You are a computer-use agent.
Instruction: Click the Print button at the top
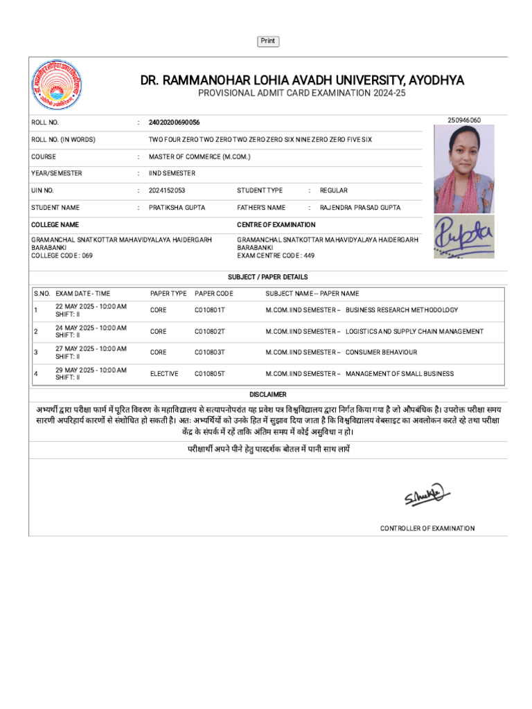coord(268,42)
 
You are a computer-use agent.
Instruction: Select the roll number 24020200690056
coord(174,123)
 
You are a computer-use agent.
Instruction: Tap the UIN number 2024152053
coord(167,190)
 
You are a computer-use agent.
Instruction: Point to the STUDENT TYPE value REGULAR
coord(333,190)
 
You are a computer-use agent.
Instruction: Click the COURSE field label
coord(44,157)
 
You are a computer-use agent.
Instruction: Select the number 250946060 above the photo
coord(464,120)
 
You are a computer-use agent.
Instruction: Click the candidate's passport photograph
coord(463,169)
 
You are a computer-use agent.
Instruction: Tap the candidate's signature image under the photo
coord(463,237)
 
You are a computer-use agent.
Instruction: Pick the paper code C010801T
coord(210,310)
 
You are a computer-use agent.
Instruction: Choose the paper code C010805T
coord(210,374)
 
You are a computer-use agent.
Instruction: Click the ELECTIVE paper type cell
coord(164,374)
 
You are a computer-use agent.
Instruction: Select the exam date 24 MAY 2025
coord(80,327)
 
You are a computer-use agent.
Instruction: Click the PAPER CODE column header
coord(214,294)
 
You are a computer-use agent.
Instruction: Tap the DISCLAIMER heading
coord(268,394)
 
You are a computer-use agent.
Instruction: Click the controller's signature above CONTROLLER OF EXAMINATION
coord(427,496)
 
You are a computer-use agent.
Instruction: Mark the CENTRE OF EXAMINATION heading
coord(276,225)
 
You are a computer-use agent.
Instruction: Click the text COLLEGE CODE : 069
coord(62,255)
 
